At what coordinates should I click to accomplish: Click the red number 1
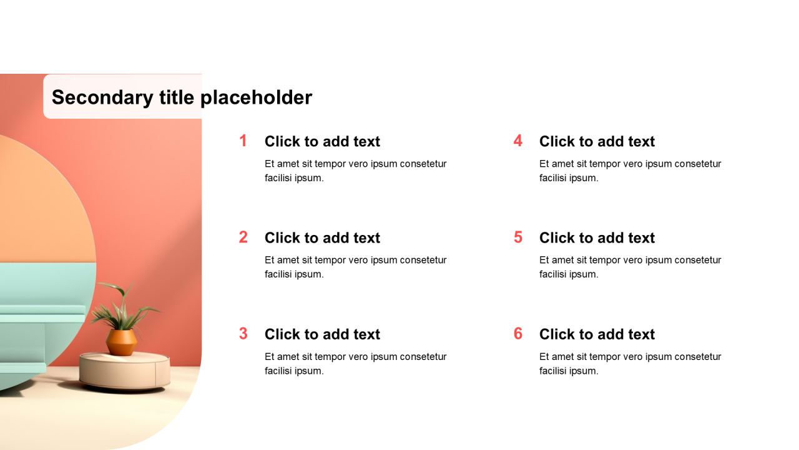[243, 141]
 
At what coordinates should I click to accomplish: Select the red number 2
[243, 237]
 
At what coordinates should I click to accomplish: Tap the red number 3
[243, 334]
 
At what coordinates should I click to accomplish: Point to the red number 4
[518, 141]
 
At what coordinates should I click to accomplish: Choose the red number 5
[518, 237]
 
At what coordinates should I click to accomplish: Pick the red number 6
[518, 334]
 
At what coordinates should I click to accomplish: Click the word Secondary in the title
[103, 97]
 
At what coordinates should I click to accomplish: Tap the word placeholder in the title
[257, 97]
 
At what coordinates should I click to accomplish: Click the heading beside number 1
[323, 141]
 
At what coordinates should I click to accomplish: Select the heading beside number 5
[597, 238]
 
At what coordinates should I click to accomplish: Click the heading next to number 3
[323, 334]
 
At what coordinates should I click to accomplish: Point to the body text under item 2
[356, 267]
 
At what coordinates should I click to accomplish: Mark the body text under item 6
[630, 364]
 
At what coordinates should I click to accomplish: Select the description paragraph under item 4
[630, 171]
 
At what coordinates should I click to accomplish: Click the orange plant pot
[121, 342]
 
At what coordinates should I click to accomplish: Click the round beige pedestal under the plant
[124, 371]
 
